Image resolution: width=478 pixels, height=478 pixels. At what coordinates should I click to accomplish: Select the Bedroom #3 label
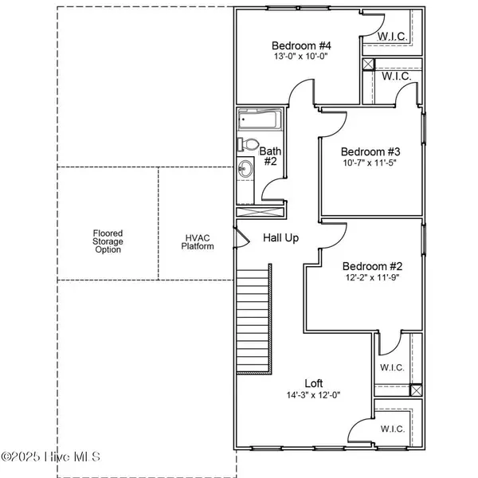click(370, 152)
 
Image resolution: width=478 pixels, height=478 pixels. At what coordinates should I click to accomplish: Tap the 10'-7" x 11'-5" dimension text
click(370, 164)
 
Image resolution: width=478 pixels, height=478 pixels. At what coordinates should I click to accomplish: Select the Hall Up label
click(281, 238)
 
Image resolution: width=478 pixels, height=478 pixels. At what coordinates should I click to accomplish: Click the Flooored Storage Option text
click(108, 241)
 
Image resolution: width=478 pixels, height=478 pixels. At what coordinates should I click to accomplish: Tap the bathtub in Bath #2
click(257, 122)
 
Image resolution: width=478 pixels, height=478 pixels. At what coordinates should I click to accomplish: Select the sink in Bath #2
click(245, 168)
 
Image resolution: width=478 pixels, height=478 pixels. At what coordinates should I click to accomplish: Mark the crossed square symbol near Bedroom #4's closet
click(368, 65)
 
